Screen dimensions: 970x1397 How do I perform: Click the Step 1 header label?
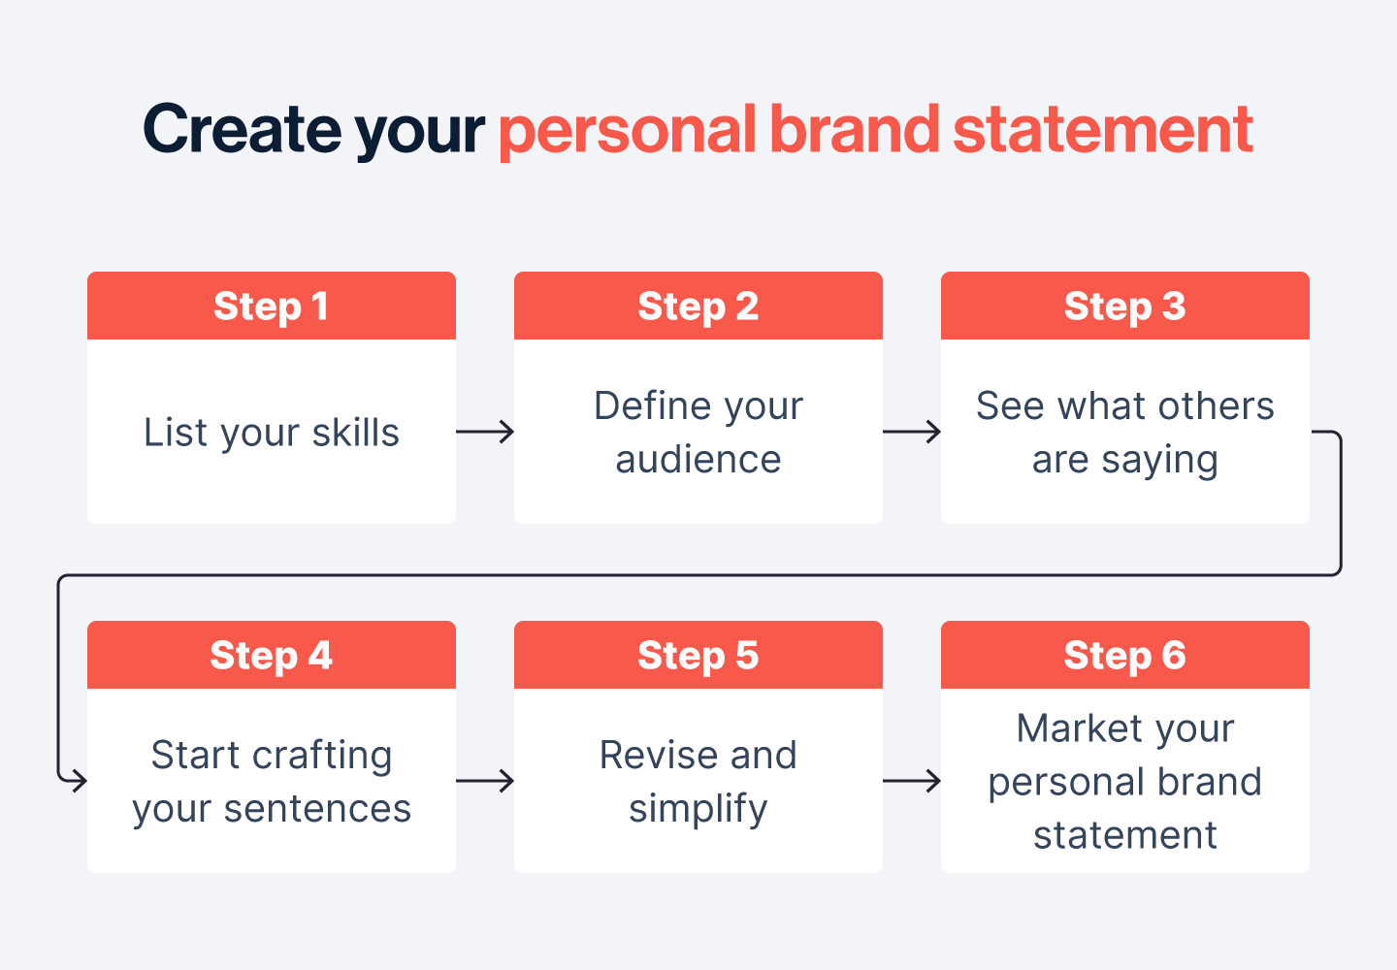coord(271,307)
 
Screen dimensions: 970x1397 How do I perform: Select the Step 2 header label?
coord(698,307)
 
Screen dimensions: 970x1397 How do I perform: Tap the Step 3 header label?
coord(1124,307)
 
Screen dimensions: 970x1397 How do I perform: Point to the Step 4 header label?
coord(271,656)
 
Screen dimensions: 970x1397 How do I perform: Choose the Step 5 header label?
coord(698,656)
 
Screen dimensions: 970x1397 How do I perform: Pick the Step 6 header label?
coord(1124,656)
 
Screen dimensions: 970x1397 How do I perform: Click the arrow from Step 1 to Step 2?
coord(485,432)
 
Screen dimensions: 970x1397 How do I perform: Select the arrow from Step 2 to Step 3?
coord(912,432)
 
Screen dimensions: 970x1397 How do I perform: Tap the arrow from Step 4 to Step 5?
coord(485,781)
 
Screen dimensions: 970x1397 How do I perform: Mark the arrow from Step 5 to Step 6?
coord(912,781)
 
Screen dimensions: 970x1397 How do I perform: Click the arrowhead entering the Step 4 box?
coord(78,780)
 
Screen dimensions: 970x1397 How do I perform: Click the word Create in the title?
coord(242,129)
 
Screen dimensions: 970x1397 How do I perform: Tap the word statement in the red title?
coord(1103,131)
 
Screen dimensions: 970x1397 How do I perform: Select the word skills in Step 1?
coord(356,433)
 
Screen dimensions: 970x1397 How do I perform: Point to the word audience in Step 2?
coord(698,460)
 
